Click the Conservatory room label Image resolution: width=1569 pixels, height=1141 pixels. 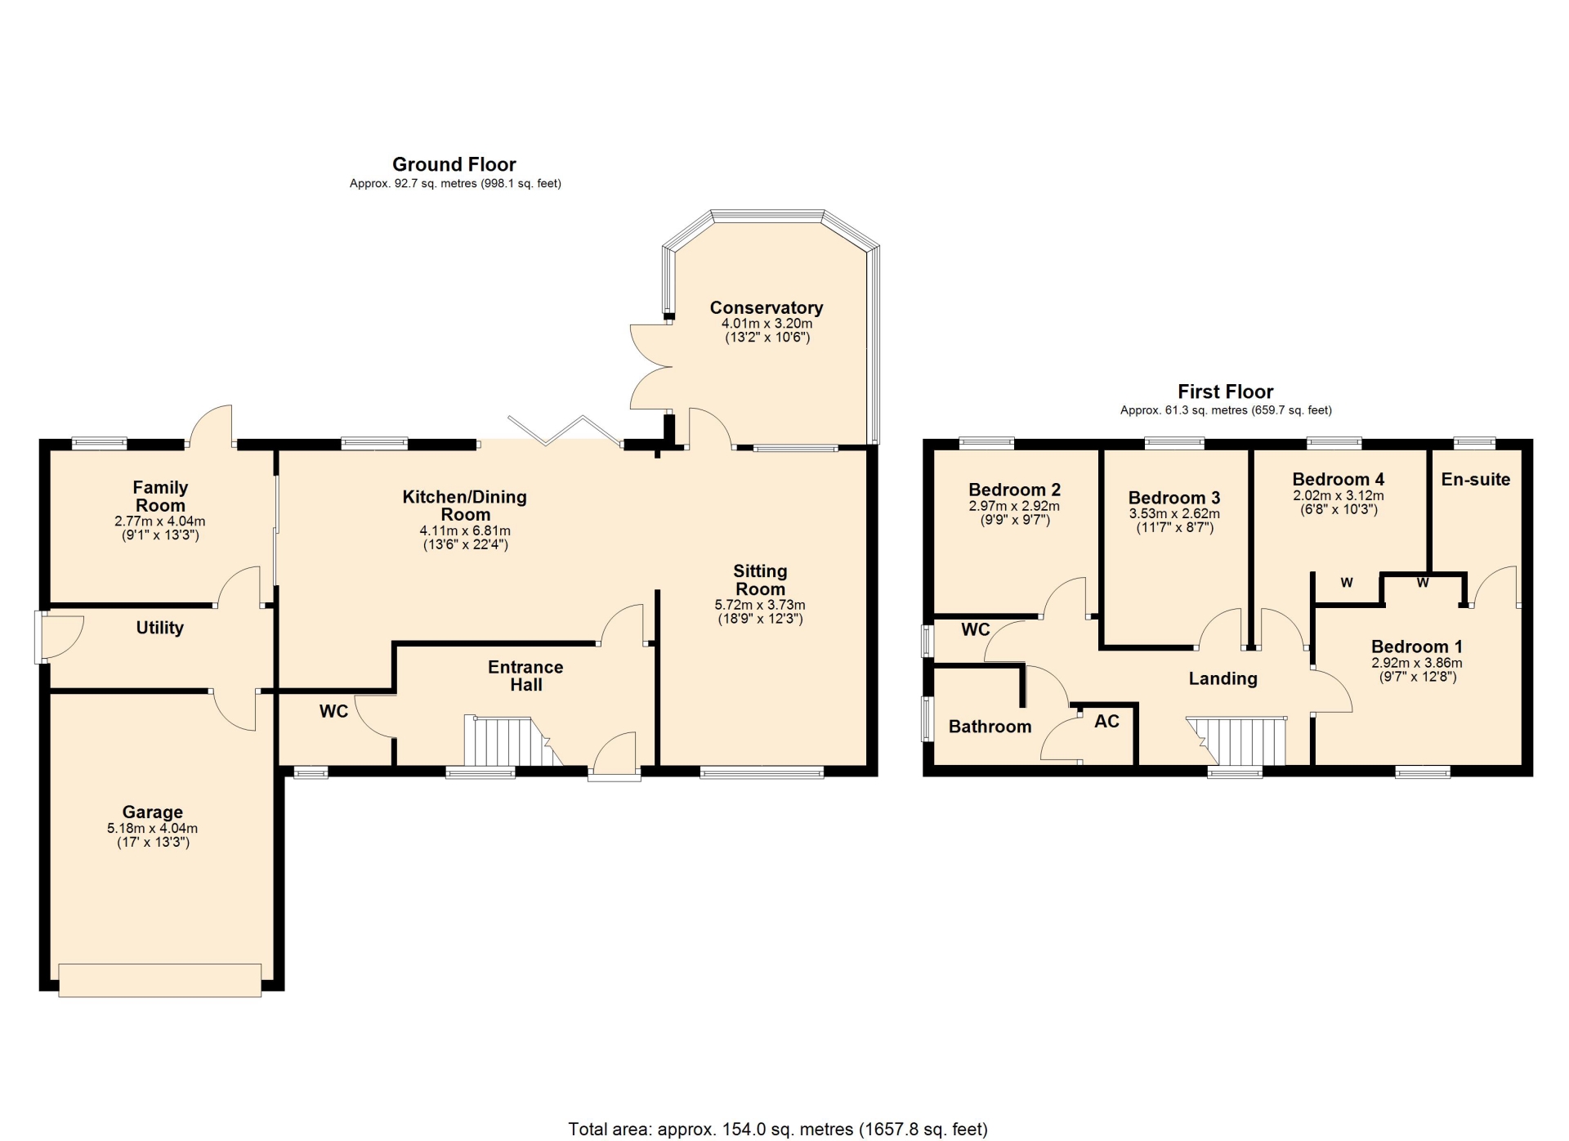pos(766,307)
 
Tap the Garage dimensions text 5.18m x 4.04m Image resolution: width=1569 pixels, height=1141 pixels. pos(152,828)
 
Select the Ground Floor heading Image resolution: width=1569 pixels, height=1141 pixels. pos(454,164)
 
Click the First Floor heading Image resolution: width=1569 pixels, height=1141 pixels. pos(1225,392)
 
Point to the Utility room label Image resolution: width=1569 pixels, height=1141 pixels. pos(159,628)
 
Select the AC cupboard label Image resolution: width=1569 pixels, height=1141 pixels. pos(1106,721)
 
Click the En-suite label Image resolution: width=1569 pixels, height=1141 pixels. pos(1475,480)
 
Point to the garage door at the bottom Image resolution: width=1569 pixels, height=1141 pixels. pos(160,980)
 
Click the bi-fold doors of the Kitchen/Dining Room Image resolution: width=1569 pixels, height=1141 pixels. pos(564,432)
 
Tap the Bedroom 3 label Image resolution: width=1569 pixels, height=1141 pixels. pos(1173,498)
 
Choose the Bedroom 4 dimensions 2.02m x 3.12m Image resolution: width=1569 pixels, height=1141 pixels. pos(1338,495)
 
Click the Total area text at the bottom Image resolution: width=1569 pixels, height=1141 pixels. pos(778,1130)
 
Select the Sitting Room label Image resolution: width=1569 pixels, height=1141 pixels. pos(760,580)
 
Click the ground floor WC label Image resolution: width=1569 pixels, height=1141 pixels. pos(333,711)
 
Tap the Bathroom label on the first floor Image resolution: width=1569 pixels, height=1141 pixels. pos(990,727)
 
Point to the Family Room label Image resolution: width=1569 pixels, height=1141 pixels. pos(160,496)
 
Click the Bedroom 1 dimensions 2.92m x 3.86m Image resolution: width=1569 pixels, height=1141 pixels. pos(1416,663)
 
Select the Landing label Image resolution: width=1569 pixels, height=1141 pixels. pos(1223,678)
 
